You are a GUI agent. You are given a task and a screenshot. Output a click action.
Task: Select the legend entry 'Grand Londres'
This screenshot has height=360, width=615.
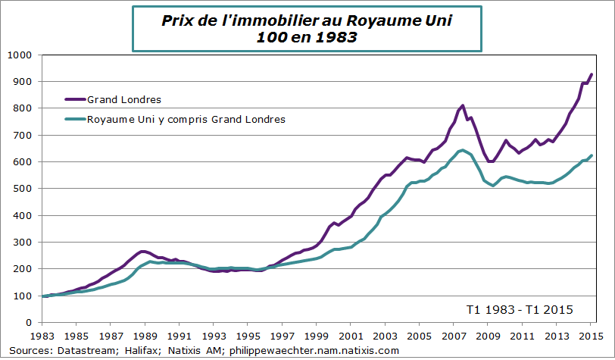124,99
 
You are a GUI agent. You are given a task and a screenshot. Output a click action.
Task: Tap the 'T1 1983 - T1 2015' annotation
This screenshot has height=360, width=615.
520,309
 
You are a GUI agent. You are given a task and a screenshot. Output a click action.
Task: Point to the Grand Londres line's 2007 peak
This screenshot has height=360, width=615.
462,105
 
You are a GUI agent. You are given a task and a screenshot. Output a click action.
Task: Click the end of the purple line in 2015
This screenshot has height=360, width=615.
592,74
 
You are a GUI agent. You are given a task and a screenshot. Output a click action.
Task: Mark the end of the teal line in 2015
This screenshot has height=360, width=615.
592,155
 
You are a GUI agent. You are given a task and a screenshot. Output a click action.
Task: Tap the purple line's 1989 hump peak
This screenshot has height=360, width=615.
142,251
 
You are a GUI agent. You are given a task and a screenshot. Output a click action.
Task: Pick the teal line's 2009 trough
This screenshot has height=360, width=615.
494,186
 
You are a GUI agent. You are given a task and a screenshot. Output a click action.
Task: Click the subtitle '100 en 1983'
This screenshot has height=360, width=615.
306,37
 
